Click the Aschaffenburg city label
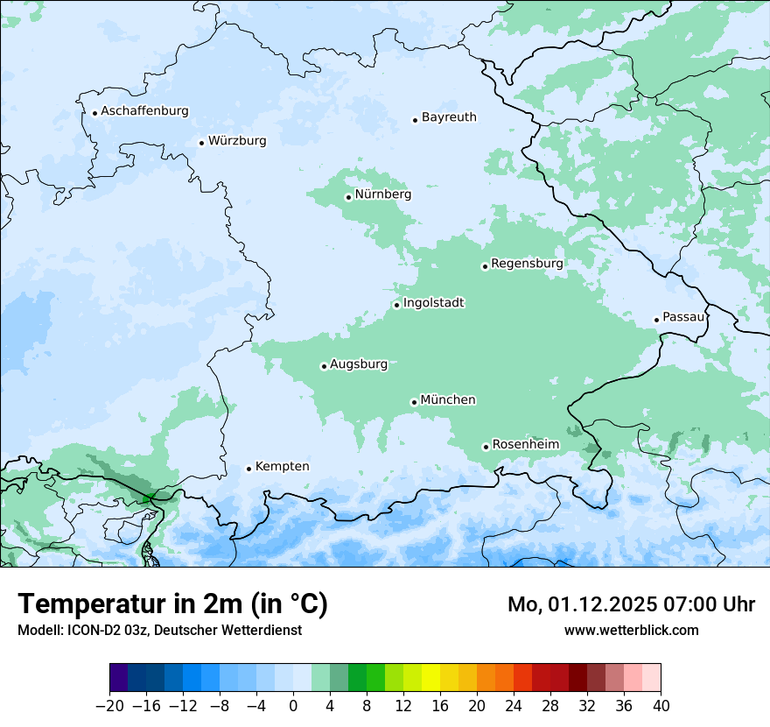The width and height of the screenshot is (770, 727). tap(144, 111)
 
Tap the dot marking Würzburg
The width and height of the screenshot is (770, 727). tap(201, 143)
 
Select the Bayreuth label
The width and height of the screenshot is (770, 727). tap(449, 117)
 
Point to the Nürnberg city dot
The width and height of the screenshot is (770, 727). tap(348, 197)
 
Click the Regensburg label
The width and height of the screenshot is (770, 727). tap(527, 264)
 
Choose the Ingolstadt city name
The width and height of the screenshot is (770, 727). tap(433, 303)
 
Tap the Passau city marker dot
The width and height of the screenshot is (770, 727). tap(656, 320)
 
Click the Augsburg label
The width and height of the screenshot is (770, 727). tap(359, 364)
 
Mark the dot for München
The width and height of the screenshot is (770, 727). tap(414, 402)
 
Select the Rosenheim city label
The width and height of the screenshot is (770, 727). tap(525, 445)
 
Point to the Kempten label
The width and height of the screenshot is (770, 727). tap(282, 467)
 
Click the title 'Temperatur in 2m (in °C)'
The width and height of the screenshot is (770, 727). tap(172, 604)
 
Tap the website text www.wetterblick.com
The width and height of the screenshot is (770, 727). tap(631, 631)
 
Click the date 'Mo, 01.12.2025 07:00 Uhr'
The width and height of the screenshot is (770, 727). tap(631, 604)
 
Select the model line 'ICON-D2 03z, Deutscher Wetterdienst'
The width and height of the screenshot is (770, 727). tap(159, 631)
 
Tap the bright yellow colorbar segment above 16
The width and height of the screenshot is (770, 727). tap(430, 678)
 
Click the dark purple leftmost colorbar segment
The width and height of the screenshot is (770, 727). tap(119, 678)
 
